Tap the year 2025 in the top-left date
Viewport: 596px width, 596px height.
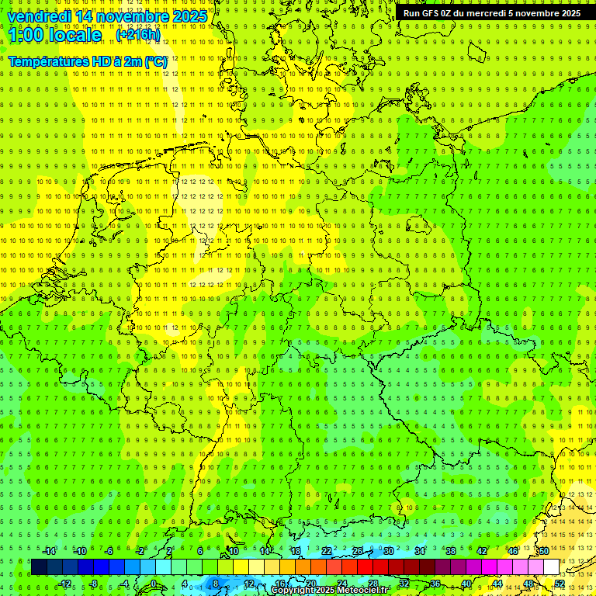tap(189, 16)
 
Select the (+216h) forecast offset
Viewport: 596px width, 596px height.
tap(138, 35)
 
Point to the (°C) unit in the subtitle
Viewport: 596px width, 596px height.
tap(156, 61)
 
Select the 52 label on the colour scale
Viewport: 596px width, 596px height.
tap(560, 584)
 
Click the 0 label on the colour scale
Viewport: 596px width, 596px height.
tap(154, 584)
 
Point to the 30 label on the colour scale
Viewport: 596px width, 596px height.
tap(389, 551)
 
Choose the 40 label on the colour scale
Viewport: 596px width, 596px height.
tap(466, 584)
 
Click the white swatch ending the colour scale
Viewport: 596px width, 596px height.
tap(551, 567)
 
